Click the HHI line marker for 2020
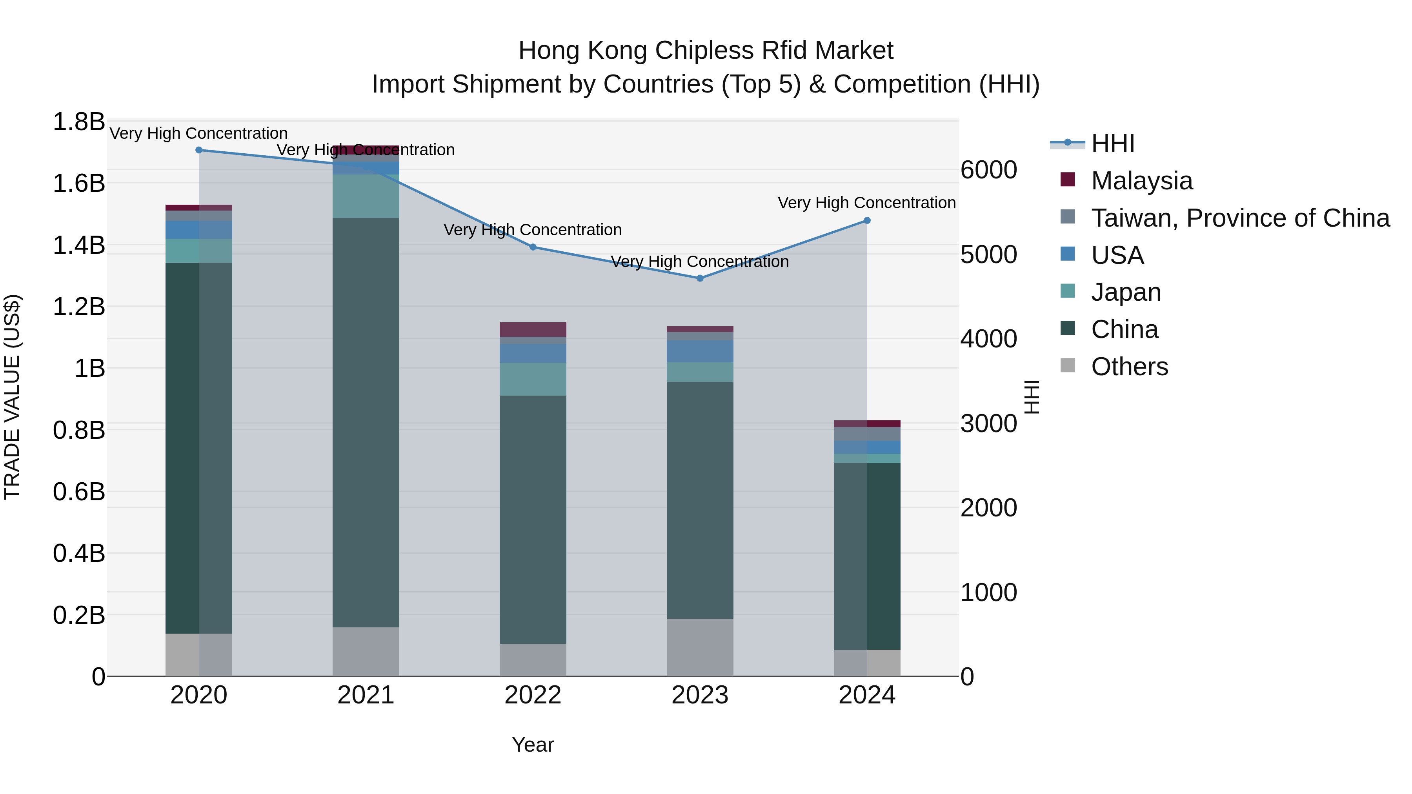point(199,150)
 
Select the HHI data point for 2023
point(700,278)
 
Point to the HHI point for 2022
point(533,247)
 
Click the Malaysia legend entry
point(1141,181)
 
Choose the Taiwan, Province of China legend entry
point(1240,218)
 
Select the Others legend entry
point(1129,367)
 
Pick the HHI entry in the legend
point(1112,144)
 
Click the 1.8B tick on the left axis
point(78,122)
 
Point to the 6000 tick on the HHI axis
point(988,170)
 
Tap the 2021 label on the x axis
point(366,695)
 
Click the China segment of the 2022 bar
point(533,520)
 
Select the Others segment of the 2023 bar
point(700,647)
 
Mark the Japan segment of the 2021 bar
point(366,196)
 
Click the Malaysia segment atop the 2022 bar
point(533,329)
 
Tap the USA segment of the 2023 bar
point(700,351)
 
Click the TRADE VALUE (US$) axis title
point(12,397)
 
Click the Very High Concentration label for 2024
point(866,203)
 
